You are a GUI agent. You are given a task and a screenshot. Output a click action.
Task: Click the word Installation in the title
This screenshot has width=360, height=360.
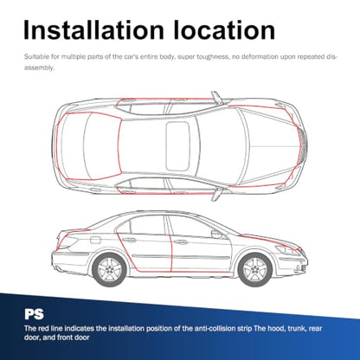93,30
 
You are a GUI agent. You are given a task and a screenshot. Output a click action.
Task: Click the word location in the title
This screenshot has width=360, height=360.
224,30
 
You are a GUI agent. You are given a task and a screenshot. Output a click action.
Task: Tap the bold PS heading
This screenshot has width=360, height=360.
34,314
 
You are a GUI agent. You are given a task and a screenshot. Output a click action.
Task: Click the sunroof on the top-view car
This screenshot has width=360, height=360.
177,145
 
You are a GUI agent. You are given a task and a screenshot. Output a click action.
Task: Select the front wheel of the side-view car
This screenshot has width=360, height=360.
255,270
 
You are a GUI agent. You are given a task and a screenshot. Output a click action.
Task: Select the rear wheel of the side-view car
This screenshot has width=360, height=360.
110,270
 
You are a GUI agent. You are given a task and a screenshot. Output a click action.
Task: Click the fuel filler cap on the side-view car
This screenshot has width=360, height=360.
95,240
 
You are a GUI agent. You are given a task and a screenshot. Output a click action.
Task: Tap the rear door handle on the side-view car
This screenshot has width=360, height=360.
129,240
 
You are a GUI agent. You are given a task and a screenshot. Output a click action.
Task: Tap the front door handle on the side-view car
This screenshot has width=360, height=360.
181,241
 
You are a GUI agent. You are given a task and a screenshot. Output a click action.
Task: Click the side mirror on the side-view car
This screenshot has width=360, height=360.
216,234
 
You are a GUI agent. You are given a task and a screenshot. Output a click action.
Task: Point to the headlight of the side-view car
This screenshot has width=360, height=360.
288,250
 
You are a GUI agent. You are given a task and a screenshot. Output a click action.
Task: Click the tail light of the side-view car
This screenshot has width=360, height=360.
67,241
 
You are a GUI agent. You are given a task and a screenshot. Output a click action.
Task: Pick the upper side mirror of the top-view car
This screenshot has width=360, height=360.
216,97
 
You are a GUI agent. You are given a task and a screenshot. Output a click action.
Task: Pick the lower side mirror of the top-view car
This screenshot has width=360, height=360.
216,194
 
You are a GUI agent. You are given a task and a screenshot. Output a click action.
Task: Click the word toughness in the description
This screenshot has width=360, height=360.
212,57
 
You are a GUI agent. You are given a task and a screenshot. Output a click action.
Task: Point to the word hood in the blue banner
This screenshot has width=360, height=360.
276,328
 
